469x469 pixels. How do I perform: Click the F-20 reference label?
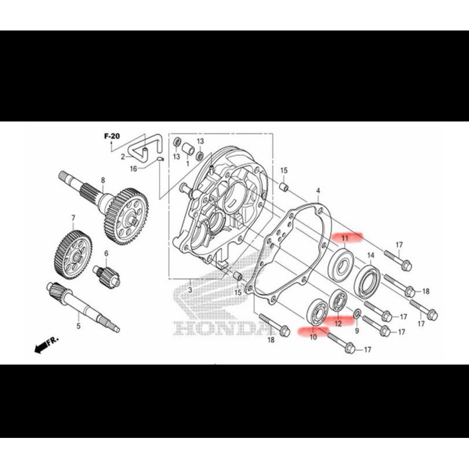(112, 137)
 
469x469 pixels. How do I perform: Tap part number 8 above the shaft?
(103, 181)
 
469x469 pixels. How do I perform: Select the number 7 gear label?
(73, 219)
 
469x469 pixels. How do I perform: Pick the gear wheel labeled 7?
(74, 255)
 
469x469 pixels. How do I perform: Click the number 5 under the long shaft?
(79, 326)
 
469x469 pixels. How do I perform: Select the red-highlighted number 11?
(345, 239)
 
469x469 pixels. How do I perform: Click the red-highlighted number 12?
(338, 324)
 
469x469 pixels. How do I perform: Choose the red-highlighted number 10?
(313, 337)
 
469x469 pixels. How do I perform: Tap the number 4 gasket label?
(318, 191)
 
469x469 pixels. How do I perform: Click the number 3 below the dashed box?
(190, 290)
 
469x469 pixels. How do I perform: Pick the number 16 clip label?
(134, 169)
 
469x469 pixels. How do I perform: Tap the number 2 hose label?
(123, 157)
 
